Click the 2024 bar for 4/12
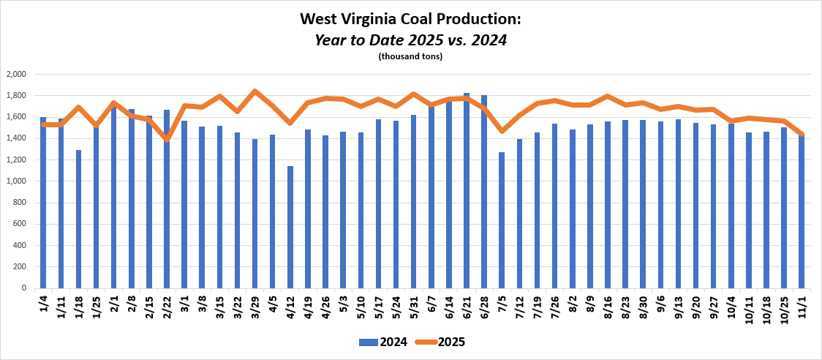[290, 227]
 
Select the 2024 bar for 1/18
[79, 219]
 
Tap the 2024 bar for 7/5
[502, 220]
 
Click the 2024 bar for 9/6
[660, 204]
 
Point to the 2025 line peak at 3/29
[255, 91]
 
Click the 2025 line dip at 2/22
[167, 138]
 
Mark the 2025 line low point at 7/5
[502, 131]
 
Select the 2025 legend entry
[440, 342]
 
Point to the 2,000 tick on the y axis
[16, 75]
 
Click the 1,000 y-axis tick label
[16, 181]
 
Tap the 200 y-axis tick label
[20, 267]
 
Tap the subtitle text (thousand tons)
[410, 56]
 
